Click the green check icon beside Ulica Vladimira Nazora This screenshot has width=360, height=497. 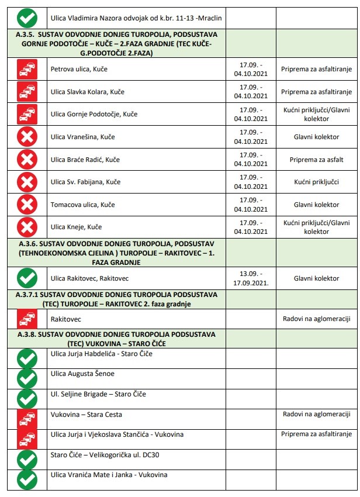[x=27, y=18]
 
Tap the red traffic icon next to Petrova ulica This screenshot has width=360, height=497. [x=27, y=70]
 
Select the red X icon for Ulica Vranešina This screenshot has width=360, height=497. [x=27, y=137]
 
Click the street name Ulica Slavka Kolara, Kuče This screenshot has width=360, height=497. [x=88, y=92]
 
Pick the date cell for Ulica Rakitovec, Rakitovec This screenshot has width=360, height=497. [x=251, y=278]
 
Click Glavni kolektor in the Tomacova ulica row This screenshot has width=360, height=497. [x=316, y=205]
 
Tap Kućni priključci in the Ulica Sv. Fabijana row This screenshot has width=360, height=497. [x=316, y=182]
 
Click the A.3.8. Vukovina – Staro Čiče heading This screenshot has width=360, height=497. [x=117, y=337]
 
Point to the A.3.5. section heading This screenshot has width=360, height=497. [x=117, y=44]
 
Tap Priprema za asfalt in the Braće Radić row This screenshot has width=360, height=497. [x=316, y=160]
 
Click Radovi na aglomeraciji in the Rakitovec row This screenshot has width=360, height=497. [x=316, y=319]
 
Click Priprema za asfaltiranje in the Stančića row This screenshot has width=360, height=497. [x=316, y=434]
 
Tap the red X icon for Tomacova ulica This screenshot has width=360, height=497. [x=27, y=205]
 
